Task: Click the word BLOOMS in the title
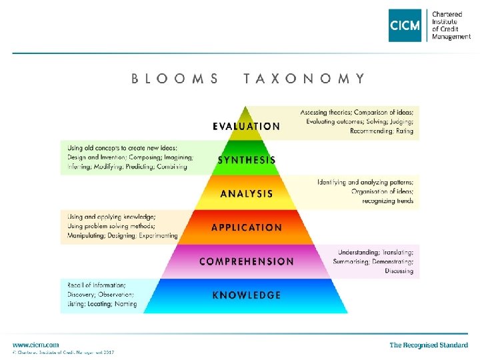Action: pos(175,79)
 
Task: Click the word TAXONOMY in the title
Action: pos(304,79)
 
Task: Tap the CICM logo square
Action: pos(405,25)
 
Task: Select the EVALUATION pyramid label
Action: pos(247,126)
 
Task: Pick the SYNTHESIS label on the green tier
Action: pos(247,160)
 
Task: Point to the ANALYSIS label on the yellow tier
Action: pos(247,194)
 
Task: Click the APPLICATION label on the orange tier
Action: pos(247,227)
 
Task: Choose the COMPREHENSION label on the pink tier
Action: pos(247,261)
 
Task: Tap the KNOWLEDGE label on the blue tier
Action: pos(247,295)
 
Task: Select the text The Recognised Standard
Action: pos(429,345)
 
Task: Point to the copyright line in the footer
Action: pos(63,352)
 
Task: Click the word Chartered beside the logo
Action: pos(447,13)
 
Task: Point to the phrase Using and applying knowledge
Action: pos(111,217)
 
